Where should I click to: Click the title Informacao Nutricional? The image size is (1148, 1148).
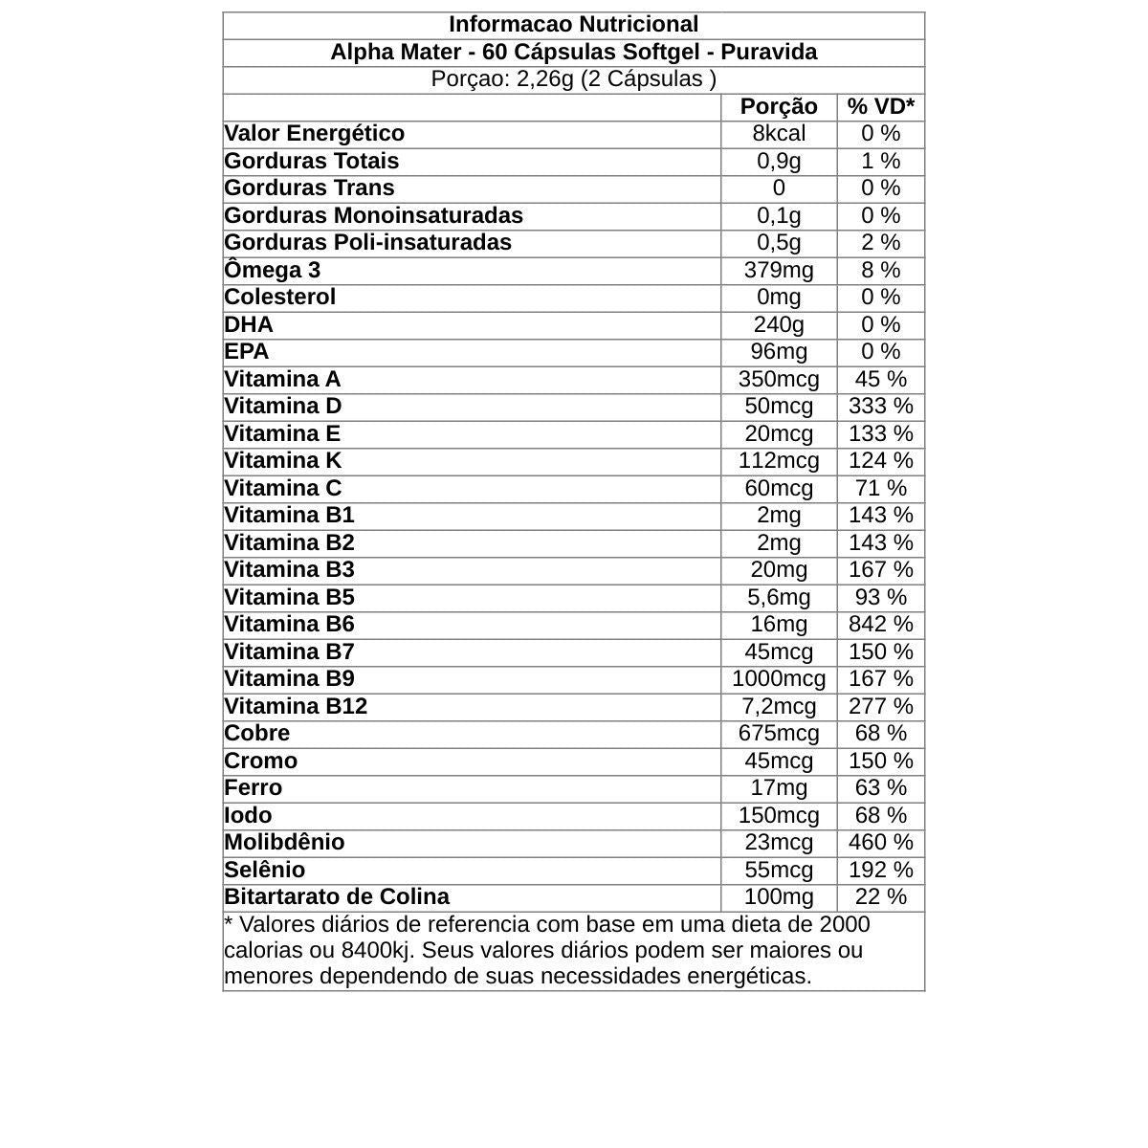pos(573,25)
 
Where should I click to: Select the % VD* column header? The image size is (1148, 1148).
pos(880,106)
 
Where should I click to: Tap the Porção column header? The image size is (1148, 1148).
pos(779,106)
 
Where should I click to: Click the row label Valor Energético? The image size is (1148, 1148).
pos(314,134)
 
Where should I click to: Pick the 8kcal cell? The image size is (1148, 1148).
pos(779,134)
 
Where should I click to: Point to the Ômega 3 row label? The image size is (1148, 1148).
pos(272,271)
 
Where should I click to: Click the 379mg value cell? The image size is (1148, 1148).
pos(779,271)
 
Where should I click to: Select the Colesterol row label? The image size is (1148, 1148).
pos(279,298)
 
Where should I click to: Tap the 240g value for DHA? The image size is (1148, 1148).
pos(779,325)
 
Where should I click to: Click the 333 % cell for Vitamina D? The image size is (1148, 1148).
pos(880,407)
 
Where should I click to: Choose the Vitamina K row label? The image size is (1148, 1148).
pos(282,461)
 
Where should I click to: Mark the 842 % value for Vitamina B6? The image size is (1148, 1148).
pos(880,625)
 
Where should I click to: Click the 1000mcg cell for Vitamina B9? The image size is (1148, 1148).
pos(779,679)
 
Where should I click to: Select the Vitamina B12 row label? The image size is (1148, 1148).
pos(296,707)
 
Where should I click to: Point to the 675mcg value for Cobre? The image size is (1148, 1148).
pos(779,734)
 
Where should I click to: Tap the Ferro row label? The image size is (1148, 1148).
pos(253,788)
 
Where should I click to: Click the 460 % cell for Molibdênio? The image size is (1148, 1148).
pos(880,843)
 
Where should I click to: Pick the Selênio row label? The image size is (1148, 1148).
pos(264,871)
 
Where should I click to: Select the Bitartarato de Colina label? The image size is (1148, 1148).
pos(336,897)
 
